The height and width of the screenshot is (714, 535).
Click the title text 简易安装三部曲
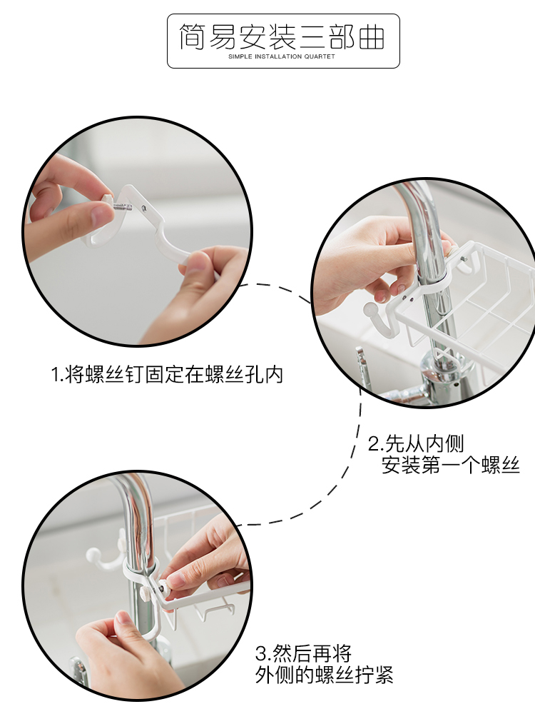coord(282,36)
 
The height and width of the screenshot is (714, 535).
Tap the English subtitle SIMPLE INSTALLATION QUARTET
coord(282,56)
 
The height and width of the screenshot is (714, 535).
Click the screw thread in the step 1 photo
coord(123,207)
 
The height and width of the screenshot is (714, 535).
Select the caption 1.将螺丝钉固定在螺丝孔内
coord(167,374)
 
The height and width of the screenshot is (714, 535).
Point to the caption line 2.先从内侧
coord(415,443)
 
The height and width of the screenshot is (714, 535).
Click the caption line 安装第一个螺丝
coord(450,465)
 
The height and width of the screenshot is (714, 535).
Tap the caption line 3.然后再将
coord(303,653)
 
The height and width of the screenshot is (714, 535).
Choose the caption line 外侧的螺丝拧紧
coord(324,675)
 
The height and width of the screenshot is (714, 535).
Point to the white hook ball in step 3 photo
coord(93,555)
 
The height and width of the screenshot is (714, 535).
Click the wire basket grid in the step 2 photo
coord(473,296)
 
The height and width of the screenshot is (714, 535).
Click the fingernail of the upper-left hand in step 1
coord(101,214)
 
